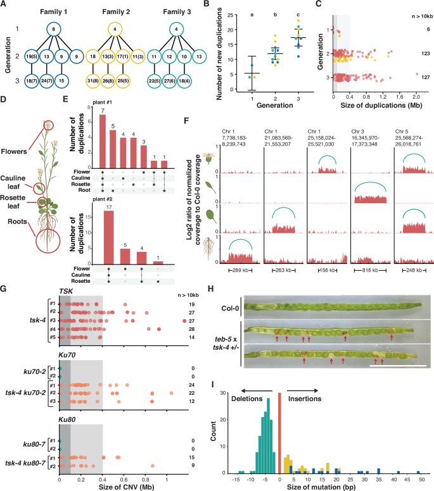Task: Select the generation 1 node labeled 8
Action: point(55,28)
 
